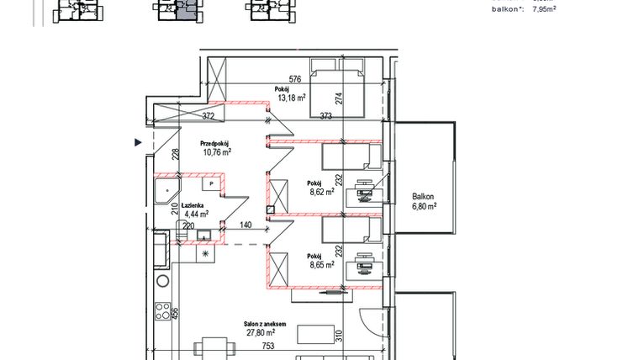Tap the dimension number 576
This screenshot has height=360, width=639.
pos(272,80)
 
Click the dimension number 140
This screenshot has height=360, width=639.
pos(246,226)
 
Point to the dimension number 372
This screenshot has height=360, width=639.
pos(209,116)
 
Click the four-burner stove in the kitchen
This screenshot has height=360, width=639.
pos(164,310)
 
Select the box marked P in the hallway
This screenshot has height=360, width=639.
pos(212,183)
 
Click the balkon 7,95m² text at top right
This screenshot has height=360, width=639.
pos(522,10)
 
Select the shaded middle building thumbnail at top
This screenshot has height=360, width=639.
pos(175,8)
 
